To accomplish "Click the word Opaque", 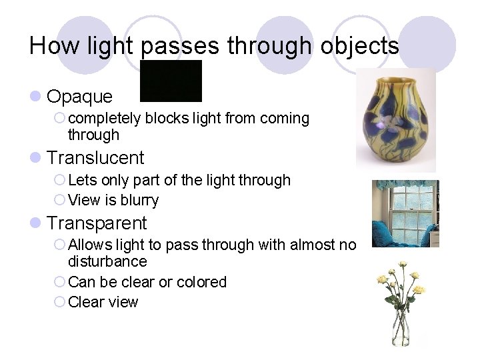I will [x=80, y=97].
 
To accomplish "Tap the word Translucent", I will [x=96, y=158].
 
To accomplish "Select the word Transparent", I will [x=97, y=223].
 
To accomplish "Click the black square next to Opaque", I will [x=171, y=81].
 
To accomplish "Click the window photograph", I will [x=405, y=213].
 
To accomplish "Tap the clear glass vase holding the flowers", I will [x=401, y=329].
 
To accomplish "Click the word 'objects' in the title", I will [x=360, y=46].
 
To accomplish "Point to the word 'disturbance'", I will [x=107, y=261].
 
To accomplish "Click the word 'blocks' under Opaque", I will [x=166, y=119].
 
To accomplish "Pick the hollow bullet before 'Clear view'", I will [x=59, y=303].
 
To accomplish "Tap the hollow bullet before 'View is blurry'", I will [x=59, y=201].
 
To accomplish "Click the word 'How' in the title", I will [x=45, y=46].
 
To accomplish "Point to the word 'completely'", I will [x=105, y=119].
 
